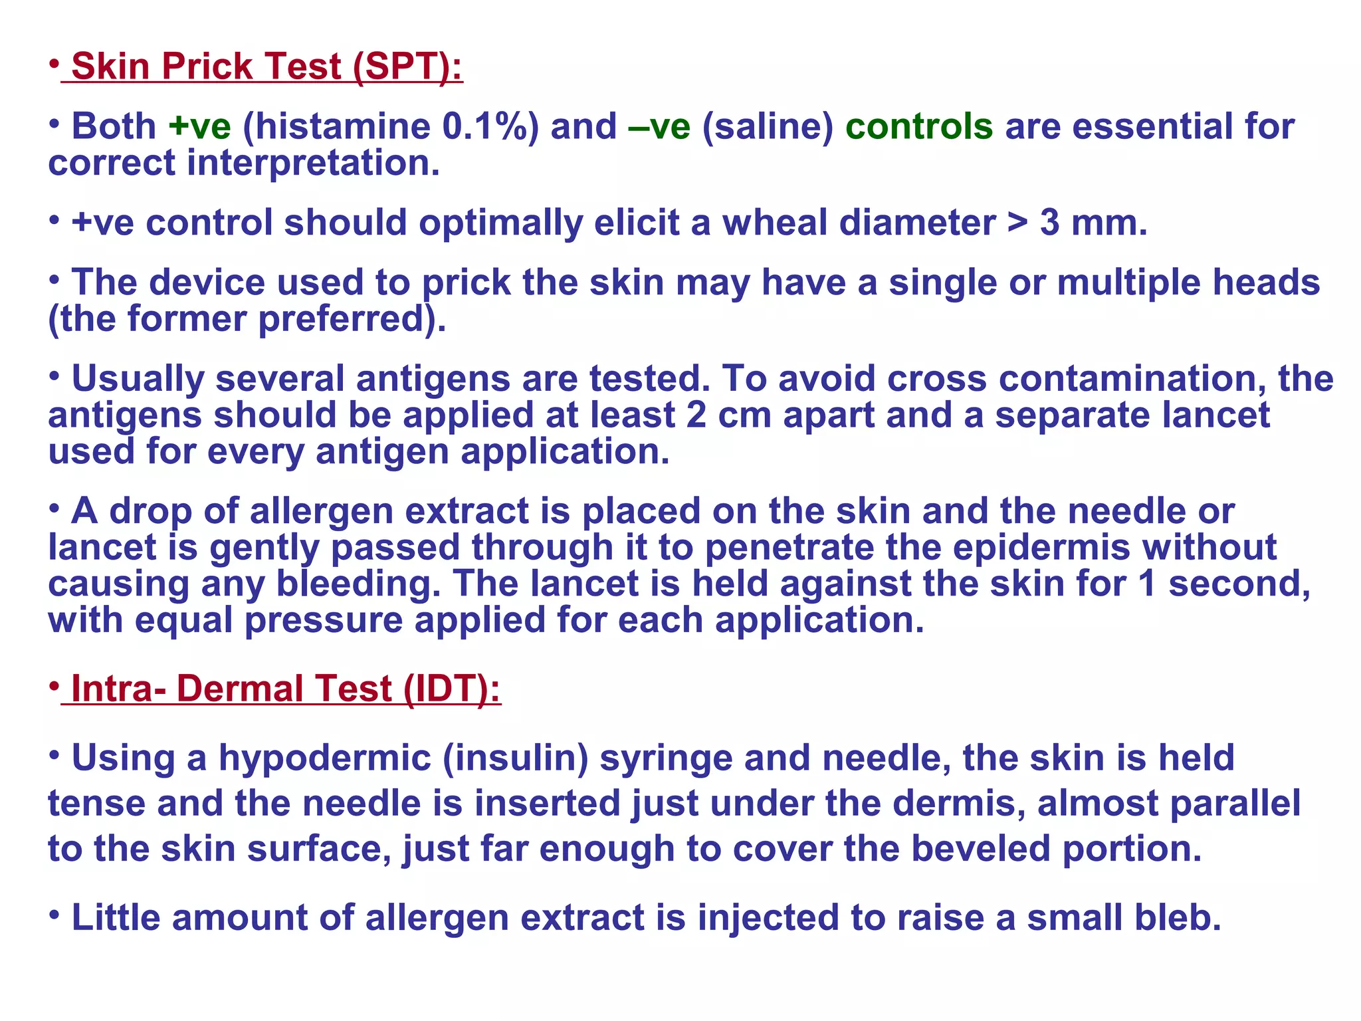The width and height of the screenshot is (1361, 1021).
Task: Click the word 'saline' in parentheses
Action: (768, 127)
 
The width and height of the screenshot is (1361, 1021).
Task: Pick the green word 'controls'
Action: (919, 127)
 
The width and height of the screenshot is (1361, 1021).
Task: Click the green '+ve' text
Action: (199, 127)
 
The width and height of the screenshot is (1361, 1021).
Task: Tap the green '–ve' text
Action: (659, 127)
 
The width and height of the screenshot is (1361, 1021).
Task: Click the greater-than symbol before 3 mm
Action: (1017, 223)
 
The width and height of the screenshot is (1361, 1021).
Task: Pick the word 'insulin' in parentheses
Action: (516, 758)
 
